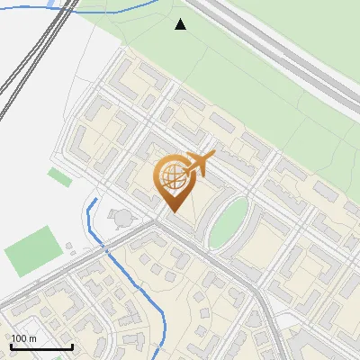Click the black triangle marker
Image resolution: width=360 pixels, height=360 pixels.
coord(181,24)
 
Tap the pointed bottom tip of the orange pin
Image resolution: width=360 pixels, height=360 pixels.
coord(173,211)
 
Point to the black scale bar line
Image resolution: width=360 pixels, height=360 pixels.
coord(41,347)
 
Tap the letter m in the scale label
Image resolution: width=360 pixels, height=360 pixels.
coord(32,338)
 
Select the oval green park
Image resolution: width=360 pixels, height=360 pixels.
coord(229,221)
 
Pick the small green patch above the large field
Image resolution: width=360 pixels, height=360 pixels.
coord(59,176)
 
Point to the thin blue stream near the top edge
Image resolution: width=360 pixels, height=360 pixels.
coord(117,7)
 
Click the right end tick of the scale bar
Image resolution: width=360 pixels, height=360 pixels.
coord(72,346)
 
